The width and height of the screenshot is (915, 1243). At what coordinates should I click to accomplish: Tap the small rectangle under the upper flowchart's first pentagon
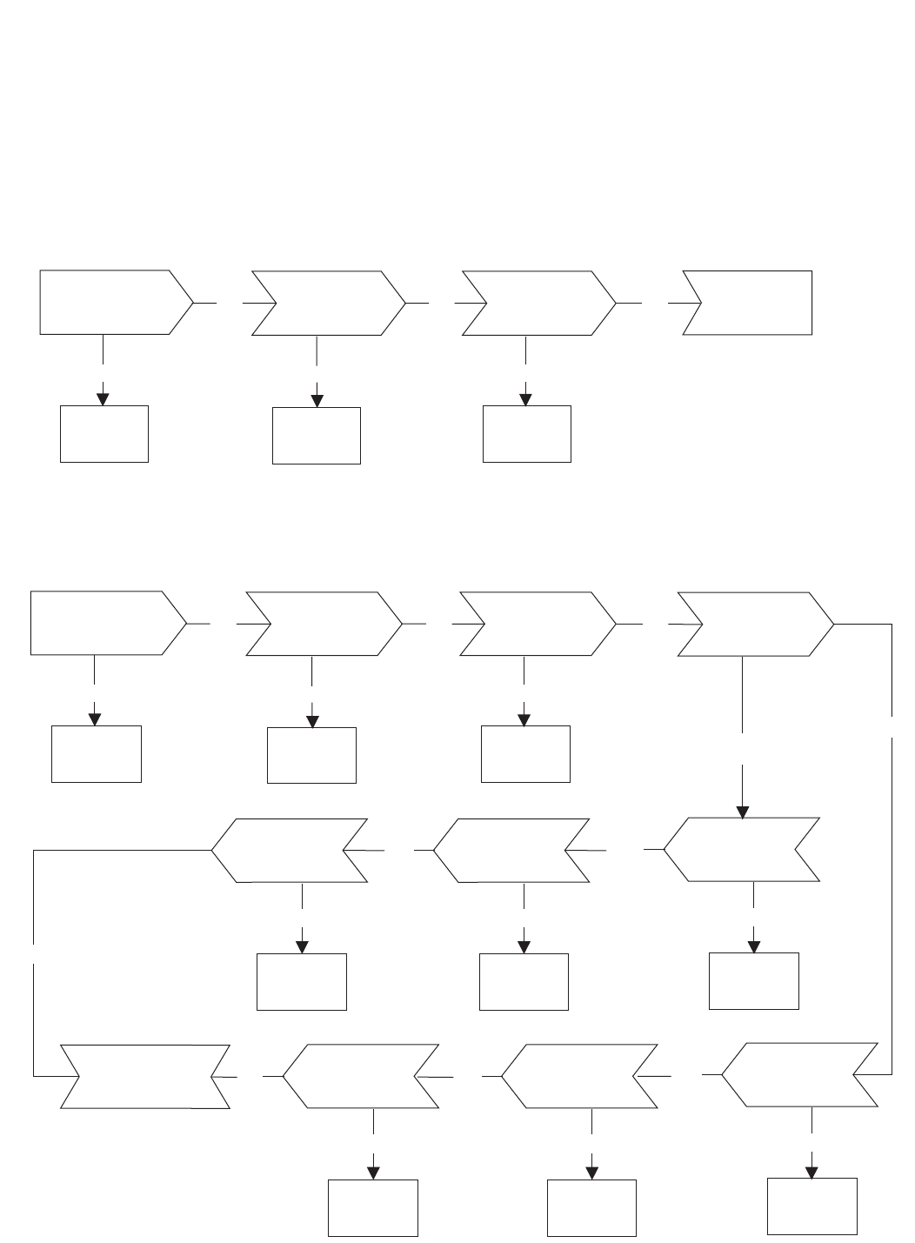[104, 433]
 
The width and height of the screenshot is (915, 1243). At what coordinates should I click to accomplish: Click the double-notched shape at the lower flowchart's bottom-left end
[145, 1076]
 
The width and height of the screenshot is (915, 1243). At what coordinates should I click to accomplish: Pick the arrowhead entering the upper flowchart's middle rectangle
[317, 400]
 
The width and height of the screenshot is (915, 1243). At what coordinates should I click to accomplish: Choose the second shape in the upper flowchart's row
[328, 303]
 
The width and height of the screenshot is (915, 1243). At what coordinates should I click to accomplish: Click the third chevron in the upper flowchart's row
[539, 303]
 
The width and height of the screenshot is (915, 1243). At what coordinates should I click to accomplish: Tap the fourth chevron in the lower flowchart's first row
[754, 625]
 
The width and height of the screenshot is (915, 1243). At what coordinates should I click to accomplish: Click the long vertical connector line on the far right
[892, 870]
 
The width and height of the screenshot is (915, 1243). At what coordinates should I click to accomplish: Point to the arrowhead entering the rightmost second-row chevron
[742, 812]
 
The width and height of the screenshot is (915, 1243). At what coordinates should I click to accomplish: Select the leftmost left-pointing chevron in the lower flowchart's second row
[290, 851]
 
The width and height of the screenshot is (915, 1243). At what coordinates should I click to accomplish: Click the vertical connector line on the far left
[33, 966]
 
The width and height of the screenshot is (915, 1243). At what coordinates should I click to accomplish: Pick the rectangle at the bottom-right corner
[812, 1206]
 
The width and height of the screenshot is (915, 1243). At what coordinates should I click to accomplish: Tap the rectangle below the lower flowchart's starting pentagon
[97, 753]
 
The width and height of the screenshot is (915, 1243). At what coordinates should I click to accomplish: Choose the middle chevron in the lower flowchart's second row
[511, 851]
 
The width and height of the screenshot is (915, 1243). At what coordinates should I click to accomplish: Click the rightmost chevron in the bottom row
[800, 1074]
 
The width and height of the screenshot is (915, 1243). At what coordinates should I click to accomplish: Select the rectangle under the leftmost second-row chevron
[302, 981]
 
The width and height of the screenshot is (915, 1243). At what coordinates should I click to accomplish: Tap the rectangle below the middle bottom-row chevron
[591, 1207]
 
